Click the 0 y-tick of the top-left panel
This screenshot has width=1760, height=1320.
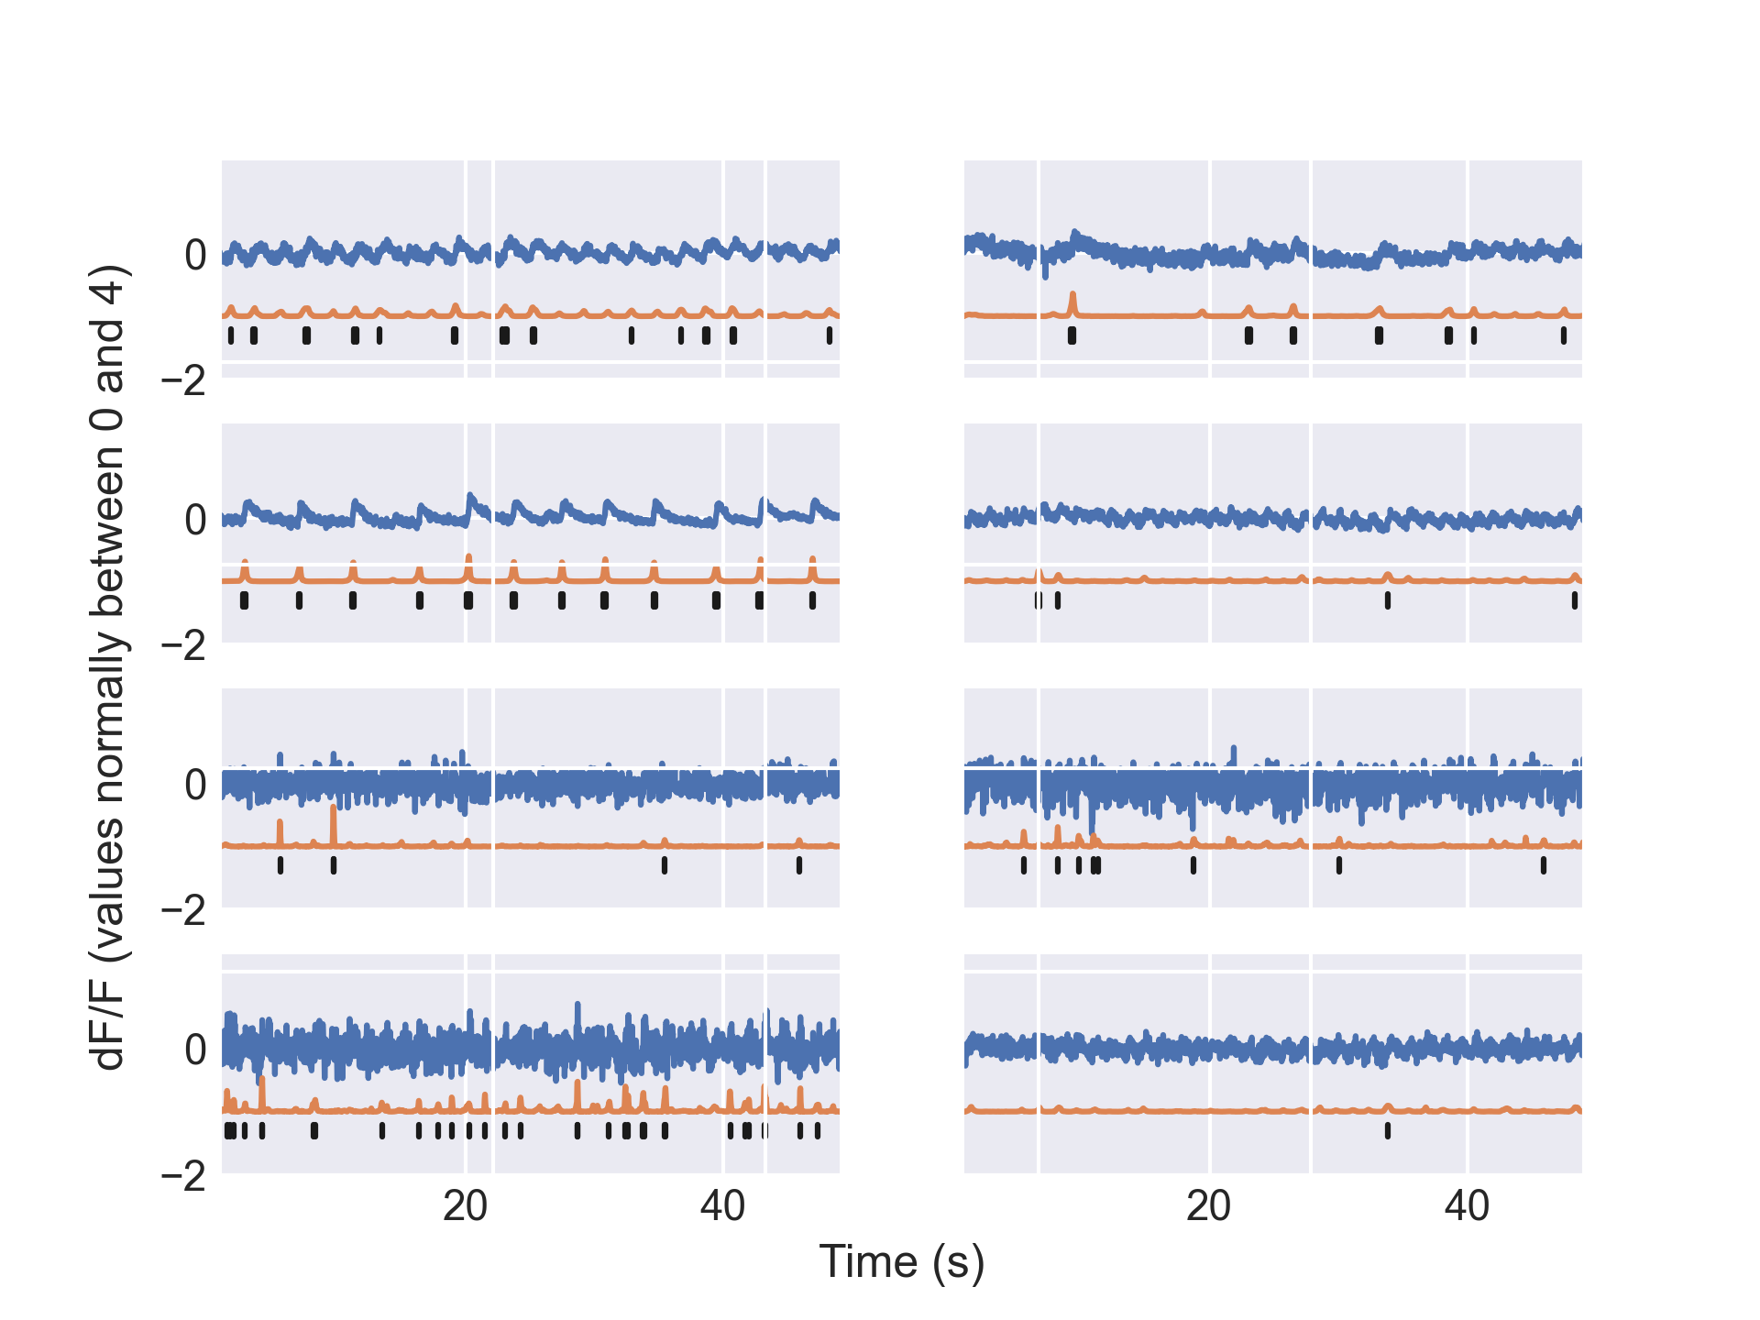coord(195,256)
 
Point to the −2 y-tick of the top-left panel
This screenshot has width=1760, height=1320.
coord(184,380)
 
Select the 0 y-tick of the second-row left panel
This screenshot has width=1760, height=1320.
coord(195,521)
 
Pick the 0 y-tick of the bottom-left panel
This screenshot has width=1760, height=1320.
coord(195,1050)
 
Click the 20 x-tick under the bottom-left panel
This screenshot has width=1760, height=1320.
coord(465,1207)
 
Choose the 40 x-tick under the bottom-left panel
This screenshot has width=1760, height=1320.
coord(723,1207)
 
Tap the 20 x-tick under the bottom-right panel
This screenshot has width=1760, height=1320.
coord(1209,1207)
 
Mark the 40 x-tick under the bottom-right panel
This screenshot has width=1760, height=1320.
coord(1468,1207)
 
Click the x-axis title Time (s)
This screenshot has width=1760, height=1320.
coord(901,1262)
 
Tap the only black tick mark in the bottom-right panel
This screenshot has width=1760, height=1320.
coord(1387,1130)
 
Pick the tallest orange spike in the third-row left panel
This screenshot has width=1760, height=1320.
coord(334,808)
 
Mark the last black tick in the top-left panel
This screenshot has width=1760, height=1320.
coord(830,335)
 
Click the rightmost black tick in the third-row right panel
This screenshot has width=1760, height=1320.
coord(1544,864)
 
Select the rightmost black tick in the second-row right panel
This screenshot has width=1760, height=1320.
coord(1575,600)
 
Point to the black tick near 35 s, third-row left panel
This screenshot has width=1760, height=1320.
coord(665,864)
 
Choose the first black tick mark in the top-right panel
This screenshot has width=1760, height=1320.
coord(1072,335)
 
